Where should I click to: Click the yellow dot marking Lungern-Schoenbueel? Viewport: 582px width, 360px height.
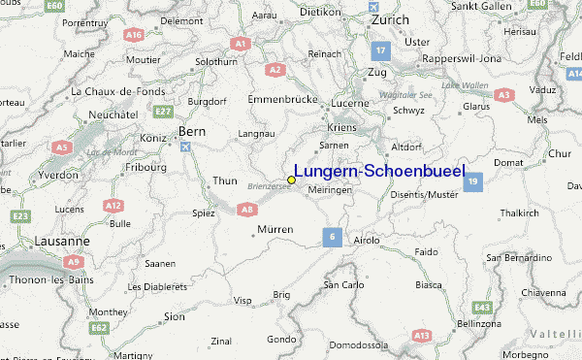[291, 180]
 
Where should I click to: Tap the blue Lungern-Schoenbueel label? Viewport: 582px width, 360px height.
[378, 171]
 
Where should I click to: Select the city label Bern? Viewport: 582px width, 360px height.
[191, 131]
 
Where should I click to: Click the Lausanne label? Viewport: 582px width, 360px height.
[35, 240]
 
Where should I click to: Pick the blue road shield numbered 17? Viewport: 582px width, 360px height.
[382, 49]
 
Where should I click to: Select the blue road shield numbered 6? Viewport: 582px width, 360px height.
[332, 236]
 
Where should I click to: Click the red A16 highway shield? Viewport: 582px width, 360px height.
[133, 34]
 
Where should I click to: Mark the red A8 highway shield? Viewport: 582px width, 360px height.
[247, 208]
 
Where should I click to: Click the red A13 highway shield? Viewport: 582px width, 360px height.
[421, 335]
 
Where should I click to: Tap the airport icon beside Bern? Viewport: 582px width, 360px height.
[185, 147]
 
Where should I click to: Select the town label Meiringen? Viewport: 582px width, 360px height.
[330, 190]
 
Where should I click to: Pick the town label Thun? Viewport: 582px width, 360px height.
[224, 180]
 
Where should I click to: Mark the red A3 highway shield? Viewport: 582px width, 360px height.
[503, 94]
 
